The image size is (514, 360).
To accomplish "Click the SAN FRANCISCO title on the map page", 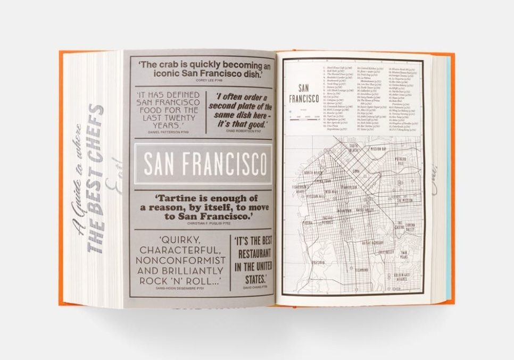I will [304, 94].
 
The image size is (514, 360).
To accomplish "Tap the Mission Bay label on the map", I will [382, 149].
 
